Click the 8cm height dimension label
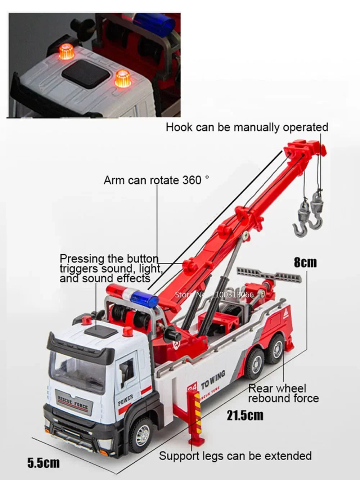[x=305, y=262]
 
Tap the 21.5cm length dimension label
[x=245, y=415]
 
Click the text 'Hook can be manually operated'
[x=247, y=127]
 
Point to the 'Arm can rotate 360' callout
[x=156, y=180]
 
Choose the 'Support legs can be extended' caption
[x=235, y=456]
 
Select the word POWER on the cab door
[x=125, y=400]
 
